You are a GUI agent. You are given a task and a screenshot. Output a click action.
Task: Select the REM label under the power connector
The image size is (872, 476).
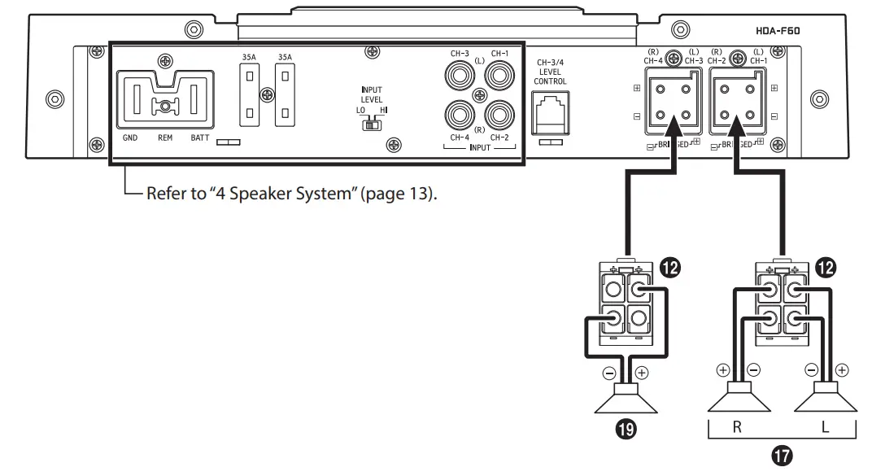[x=165, y=138]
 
